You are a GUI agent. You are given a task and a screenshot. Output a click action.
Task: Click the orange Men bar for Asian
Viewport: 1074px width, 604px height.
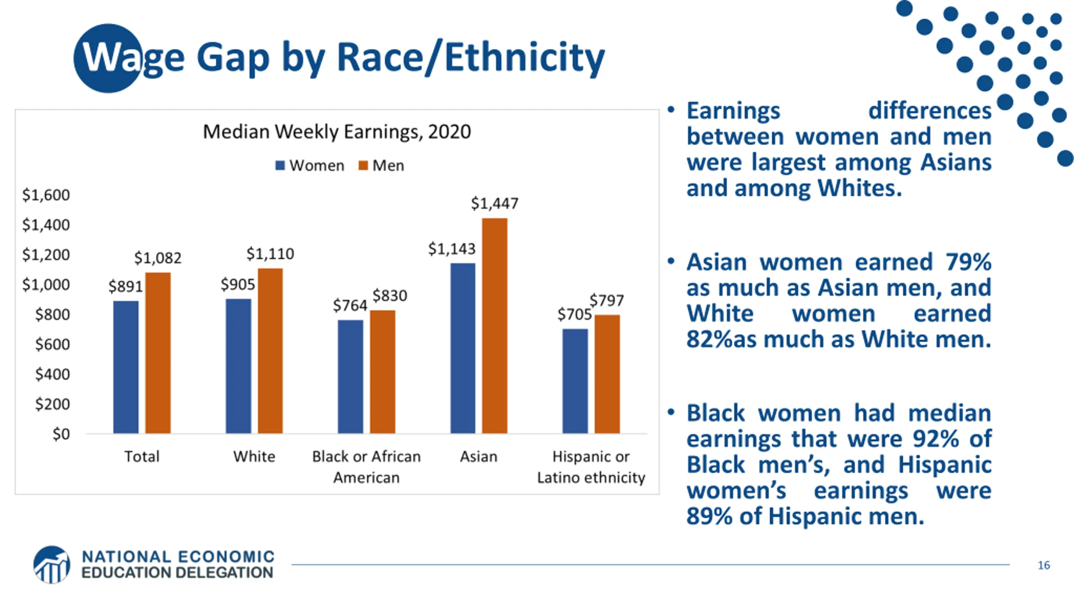(x=495, y=325)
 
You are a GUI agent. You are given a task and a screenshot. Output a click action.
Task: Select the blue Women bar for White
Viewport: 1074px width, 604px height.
(x=238, y=366)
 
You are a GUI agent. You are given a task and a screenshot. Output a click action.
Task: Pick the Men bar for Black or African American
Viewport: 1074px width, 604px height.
(x=382, y=372)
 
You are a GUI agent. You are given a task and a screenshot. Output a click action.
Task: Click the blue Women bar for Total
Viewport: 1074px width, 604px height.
(x=126, y=367)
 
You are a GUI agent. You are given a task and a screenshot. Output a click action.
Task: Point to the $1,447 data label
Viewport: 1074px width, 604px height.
(x=495, y=204)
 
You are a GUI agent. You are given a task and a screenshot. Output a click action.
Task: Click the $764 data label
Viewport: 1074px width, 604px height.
(x=350, y=305)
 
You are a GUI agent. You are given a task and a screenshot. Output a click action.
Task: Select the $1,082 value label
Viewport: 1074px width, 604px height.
(x=158, y=258)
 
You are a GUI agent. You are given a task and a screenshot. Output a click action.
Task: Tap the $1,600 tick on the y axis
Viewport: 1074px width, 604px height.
(x=46, y=195)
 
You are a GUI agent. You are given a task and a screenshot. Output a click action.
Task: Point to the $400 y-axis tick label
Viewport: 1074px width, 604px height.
(x=52, y=374)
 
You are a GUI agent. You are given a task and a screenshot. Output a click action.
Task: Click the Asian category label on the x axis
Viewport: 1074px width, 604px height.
(x=479, y=456)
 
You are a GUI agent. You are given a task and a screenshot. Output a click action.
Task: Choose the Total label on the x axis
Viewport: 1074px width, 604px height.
(x=142, y=456)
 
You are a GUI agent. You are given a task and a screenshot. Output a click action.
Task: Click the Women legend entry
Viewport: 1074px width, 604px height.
(x=310, y=166)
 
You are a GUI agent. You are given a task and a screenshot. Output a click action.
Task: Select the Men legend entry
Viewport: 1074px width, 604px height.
(x=382, y=166)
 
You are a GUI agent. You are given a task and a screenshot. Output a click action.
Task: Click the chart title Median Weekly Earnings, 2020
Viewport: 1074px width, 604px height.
(x=337, y=132)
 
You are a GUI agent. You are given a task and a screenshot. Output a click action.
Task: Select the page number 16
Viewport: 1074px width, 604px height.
(x=1044, y=565)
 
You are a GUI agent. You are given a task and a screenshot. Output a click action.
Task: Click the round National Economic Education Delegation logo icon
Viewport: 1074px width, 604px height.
(x=52, y=565)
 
